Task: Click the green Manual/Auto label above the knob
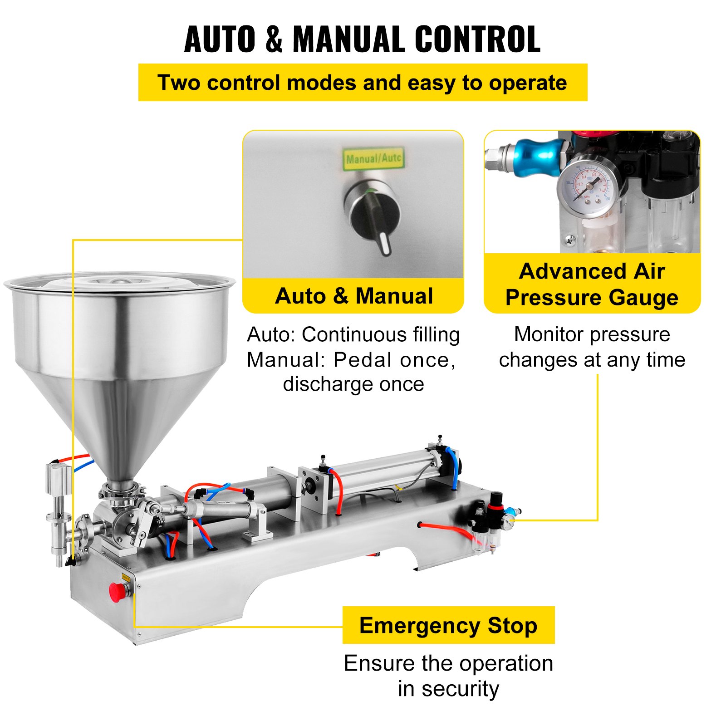(373, 158)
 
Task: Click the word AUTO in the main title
(220, 39)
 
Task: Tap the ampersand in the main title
(274, 39)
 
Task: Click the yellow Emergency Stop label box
(448, 625)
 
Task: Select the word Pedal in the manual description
(363, 360)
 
